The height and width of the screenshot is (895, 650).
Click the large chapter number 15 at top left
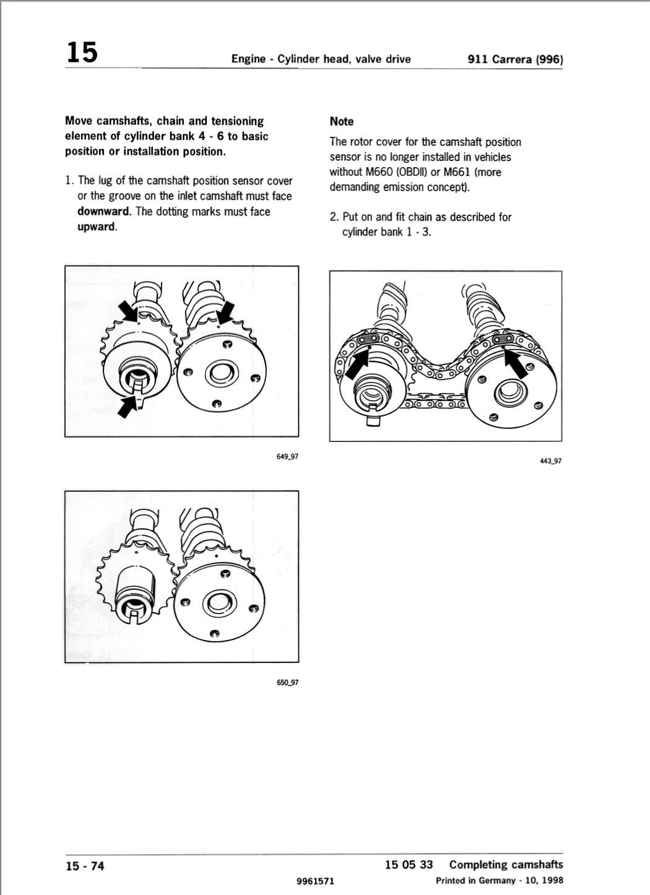coord(82,52)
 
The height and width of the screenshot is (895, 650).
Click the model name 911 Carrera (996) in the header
coord(515,59)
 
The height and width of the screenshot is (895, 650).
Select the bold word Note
coord(342,122)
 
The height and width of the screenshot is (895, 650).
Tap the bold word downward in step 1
coord(104,212)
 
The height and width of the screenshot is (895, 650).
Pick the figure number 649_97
coord(287,457)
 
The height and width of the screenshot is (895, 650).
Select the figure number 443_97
coord(550,461)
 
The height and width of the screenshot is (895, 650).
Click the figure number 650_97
coord(287,682)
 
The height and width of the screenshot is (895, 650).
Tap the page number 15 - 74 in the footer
coord(85,866)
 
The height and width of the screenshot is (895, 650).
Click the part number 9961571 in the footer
coord(316,881)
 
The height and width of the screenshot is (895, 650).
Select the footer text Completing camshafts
coord(506,865)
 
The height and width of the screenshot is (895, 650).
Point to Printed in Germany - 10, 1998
coord(499,881)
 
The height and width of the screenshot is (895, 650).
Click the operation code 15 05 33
coord(409,865)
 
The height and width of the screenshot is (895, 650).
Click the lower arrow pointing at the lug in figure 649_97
coord(127,407)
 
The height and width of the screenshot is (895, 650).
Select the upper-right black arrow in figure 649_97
coord(225,311)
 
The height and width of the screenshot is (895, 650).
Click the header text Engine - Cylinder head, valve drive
coord(321,59)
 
